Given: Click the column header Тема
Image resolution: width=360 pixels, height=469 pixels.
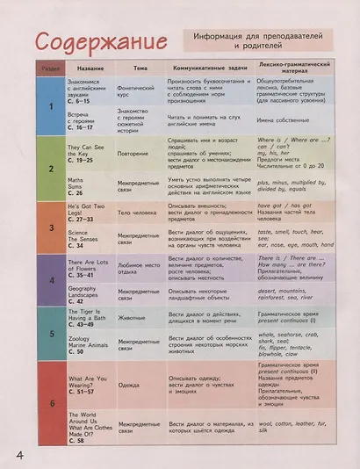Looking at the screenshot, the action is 140,69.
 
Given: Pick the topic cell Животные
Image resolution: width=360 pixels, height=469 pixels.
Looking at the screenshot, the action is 133,317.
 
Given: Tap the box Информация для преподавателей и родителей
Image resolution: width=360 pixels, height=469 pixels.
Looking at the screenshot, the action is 256,40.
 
